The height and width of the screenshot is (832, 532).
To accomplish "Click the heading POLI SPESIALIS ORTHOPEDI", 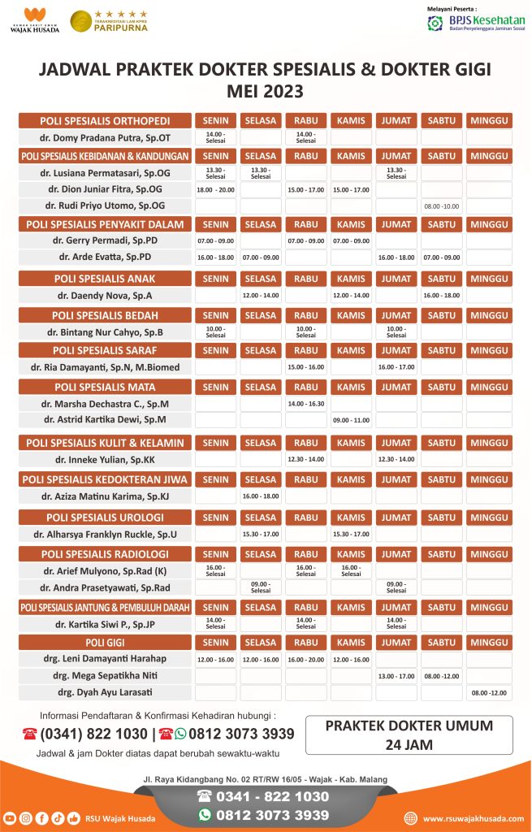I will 105,120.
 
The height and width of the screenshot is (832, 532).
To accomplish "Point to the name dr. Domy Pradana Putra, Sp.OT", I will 105,137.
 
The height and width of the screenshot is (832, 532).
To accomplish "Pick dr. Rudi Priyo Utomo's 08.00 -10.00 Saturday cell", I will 442,206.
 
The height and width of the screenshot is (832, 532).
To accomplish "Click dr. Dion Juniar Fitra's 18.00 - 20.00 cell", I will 215,189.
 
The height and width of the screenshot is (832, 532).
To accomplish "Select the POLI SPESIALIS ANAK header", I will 105,279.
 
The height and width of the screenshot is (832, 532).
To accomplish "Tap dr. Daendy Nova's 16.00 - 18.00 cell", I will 442,295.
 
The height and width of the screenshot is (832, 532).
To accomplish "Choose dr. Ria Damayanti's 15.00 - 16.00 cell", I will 305,367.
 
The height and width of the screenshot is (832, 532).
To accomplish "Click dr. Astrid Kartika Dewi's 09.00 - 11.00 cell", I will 351,420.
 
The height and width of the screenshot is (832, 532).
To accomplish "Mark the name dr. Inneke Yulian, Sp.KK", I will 105,459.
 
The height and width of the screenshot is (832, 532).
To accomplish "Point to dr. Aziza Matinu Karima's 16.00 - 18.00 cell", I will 260,496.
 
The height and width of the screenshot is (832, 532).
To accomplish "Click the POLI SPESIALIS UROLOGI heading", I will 105,518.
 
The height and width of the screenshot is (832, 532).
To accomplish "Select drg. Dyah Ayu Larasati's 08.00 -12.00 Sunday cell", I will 490,692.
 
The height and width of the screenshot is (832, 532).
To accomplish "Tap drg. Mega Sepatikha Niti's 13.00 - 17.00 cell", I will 396,675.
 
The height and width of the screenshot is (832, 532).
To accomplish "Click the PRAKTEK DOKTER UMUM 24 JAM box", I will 409,734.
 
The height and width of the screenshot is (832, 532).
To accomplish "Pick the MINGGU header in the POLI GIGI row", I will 490,643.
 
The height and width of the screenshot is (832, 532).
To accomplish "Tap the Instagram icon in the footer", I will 25,818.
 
